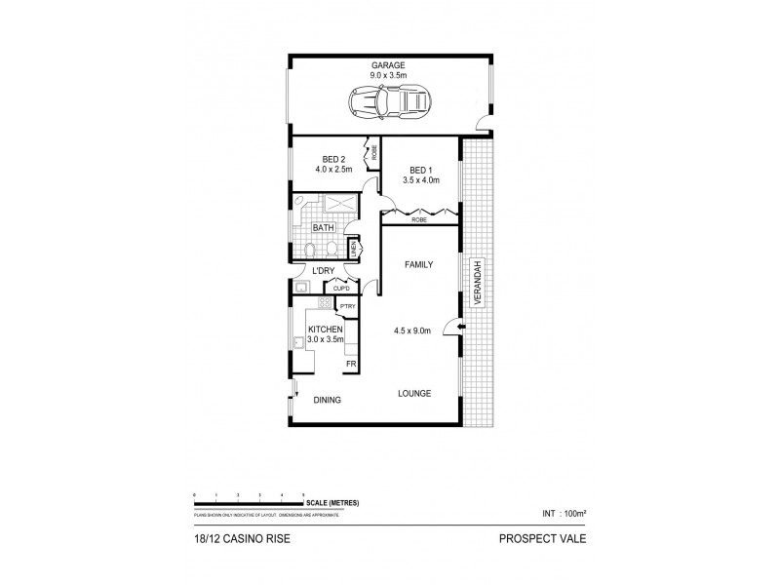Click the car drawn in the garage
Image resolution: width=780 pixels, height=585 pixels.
click(389, 98)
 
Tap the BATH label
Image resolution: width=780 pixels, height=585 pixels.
click(323, 229)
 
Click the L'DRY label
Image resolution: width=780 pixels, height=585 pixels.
click(324, 272)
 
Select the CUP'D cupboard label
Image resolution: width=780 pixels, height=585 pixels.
click(342, 288)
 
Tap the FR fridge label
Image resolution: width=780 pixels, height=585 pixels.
click(350, 365)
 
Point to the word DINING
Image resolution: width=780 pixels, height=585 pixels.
click(328, 399)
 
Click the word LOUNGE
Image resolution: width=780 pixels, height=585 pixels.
click(414, 393)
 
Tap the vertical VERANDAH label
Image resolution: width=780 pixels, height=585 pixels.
click(478, 284)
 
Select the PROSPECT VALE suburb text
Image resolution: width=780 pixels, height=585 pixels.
click(542, 536)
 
